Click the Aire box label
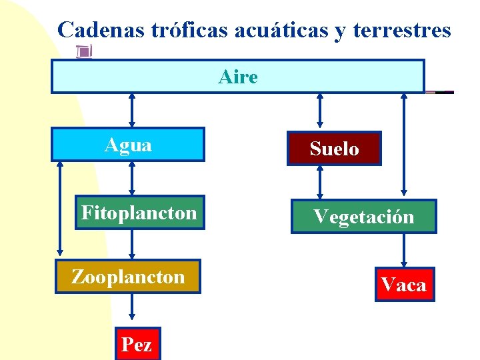pos(238,77)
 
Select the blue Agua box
pos(129,145)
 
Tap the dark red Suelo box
pos(334,149)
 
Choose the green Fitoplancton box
pos(139,213)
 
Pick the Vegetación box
pos(364,217)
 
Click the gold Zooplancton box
pos(128,277)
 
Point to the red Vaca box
pos(404,285)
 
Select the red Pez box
pos(137,344)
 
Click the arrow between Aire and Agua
pos(132,110)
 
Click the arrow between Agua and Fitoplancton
pos(132,179)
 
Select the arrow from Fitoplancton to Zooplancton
pos(132,244)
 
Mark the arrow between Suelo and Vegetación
pos(321,182)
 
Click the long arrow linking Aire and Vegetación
pos(403,145)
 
